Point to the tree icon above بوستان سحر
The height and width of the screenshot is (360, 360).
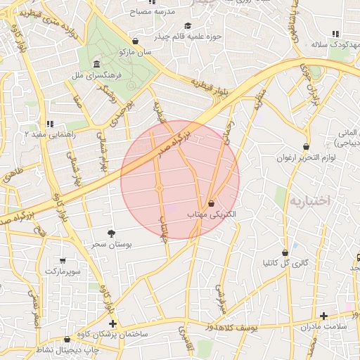click(x=112, y=233)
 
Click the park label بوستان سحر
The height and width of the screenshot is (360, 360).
click(x=112, y=244)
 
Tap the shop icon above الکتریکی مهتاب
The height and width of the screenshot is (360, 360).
click(x=212, y=203)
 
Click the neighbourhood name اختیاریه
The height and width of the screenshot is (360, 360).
click(x=309, y=201)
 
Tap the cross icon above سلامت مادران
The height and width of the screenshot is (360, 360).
click(x=323, y=316)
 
